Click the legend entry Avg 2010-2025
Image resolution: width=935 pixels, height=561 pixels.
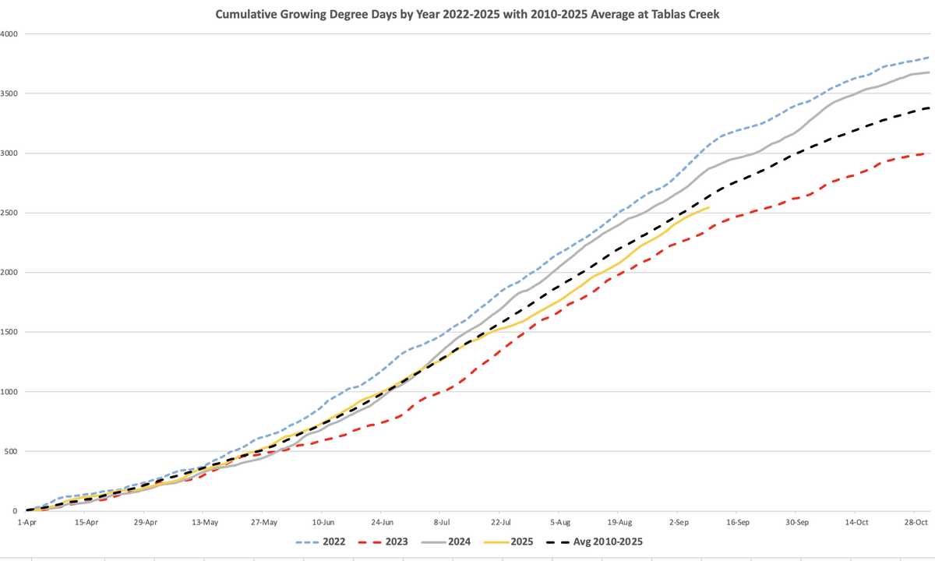coord(608,541)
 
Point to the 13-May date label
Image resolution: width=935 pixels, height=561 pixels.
coord(205,522)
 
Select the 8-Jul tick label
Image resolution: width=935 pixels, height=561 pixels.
coord(442,522)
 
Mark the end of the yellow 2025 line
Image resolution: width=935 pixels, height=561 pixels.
coord(709,207)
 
